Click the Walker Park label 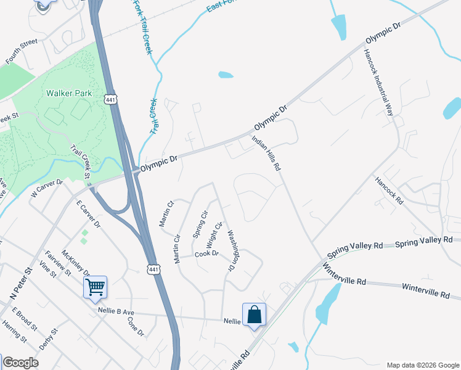point(69,94)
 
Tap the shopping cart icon point(95,286)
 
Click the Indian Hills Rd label point(267,153)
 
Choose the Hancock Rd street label point(388,191)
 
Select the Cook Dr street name point(206,253)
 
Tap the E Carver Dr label point(88,214)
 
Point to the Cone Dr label point(136,327)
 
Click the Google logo point(20,363)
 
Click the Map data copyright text point(422,365)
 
